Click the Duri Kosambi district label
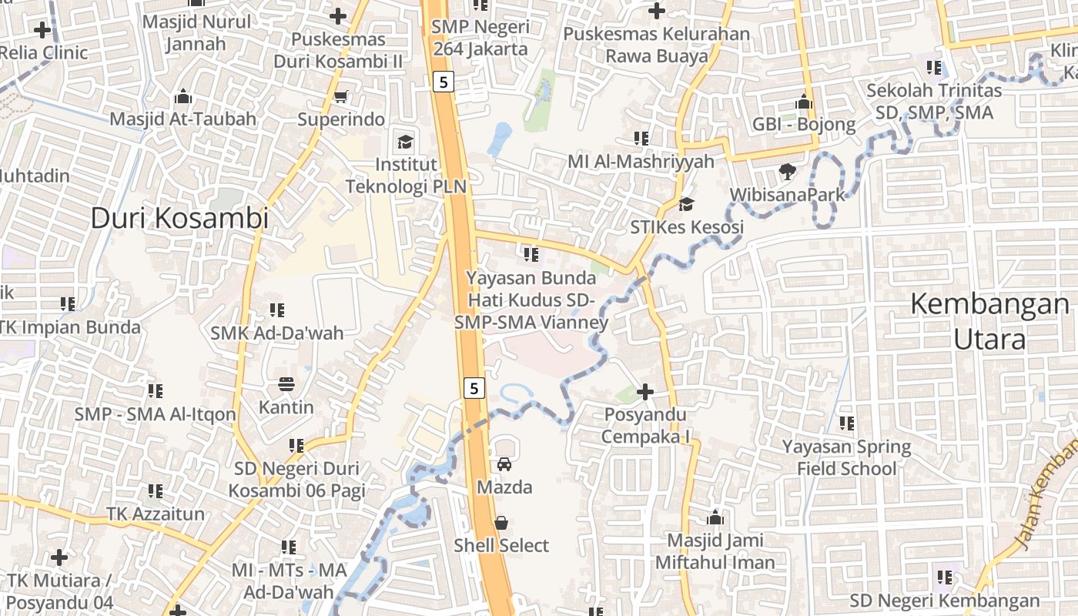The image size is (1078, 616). click(179, 218)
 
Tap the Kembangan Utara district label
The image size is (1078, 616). click(990, 321)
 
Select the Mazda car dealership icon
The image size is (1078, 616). click(504, 464)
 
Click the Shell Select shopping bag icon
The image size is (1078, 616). click(501, 523)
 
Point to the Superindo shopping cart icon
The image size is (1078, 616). click(340, 96)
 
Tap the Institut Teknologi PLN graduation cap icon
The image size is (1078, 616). click(405, 142)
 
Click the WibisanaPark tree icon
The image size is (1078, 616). click(787, 171)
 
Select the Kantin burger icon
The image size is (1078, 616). click(286, 383)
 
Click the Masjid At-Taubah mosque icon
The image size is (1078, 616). click(183, 96)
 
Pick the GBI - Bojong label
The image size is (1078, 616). click(804, 125)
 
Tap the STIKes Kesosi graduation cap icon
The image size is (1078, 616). click(686, 204)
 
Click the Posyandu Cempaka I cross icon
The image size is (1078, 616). click(645, 392)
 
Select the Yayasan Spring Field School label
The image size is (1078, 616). click(846, 457)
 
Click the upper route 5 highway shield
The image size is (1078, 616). click(444, 81)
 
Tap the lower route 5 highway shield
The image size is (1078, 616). click(474, 388)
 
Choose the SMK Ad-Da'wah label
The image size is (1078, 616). click(277, 333)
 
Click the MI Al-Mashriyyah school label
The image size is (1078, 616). click(641, 162)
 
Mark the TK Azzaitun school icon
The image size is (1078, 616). click(156, 490)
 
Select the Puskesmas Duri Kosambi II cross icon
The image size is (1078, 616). click(338, 15)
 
